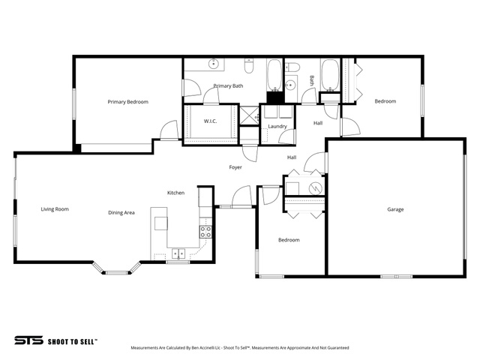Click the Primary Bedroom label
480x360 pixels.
pyautogui.click(x=128, y=102)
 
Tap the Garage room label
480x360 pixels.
pyautogui.click(x=395, y=210)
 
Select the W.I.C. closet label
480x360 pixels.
pyautogui.click(x=210, y=121)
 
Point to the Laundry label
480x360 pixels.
pyautogui.click(x=277, y=127)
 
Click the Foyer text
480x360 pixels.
pyautogui.click(x=235, y=167)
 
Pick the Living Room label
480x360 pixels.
pyautogui.click(x=55, y=209)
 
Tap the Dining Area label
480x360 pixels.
pyautogui.click(x=121, y=213)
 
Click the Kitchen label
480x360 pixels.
pyautogui.click(x=175, y=193)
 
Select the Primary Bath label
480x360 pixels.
pyautogui.click(x=228, y=86)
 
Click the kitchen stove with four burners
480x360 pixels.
pyautogui.click(x=205, y=232)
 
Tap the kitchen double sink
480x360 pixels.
pyautogui.click(x=178, y=253)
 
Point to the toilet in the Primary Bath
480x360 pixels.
pyautogui.click(x=249, y=66)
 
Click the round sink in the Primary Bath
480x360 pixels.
pyautogui.click(x=213, y=64)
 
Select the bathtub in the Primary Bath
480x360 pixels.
pyautogui.click(x=274, y=75)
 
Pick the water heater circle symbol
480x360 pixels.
pyautogui.click(x=315, y=188)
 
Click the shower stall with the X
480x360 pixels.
pyautogui.click(x=249, y=115)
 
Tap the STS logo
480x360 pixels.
pyautogui.click(x=28, y=340)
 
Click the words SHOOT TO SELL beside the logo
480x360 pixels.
pyautogui.click(x=72, y=342)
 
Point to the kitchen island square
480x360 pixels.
pyautogui.click(x=161, y=223)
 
